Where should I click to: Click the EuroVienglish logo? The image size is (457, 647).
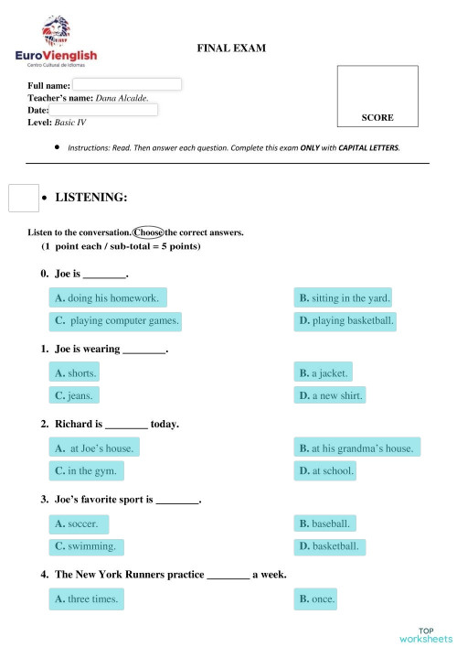click(x=56, y=42)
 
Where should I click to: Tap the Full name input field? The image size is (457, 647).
click(x=121, y=84)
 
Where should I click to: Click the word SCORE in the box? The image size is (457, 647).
click(x=377, y=118)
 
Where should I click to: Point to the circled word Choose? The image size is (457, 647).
click(x=147, y=232)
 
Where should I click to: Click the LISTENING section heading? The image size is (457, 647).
click(x=90, y=197)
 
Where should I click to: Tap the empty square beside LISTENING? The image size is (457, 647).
click(x=23, y=198)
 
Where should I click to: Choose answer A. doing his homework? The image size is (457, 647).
click(x=108, y=297)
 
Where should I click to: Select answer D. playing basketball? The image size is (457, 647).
click(x=345, y=321)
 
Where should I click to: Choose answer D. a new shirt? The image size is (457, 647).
click(x=331, y=396)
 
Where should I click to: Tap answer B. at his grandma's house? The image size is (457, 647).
click(x=356, y=448)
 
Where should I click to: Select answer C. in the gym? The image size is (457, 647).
click(x=87, y=471)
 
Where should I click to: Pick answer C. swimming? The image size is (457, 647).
click(x=87, y=546)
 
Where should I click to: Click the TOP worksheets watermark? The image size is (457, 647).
click(x=425, y=634)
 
